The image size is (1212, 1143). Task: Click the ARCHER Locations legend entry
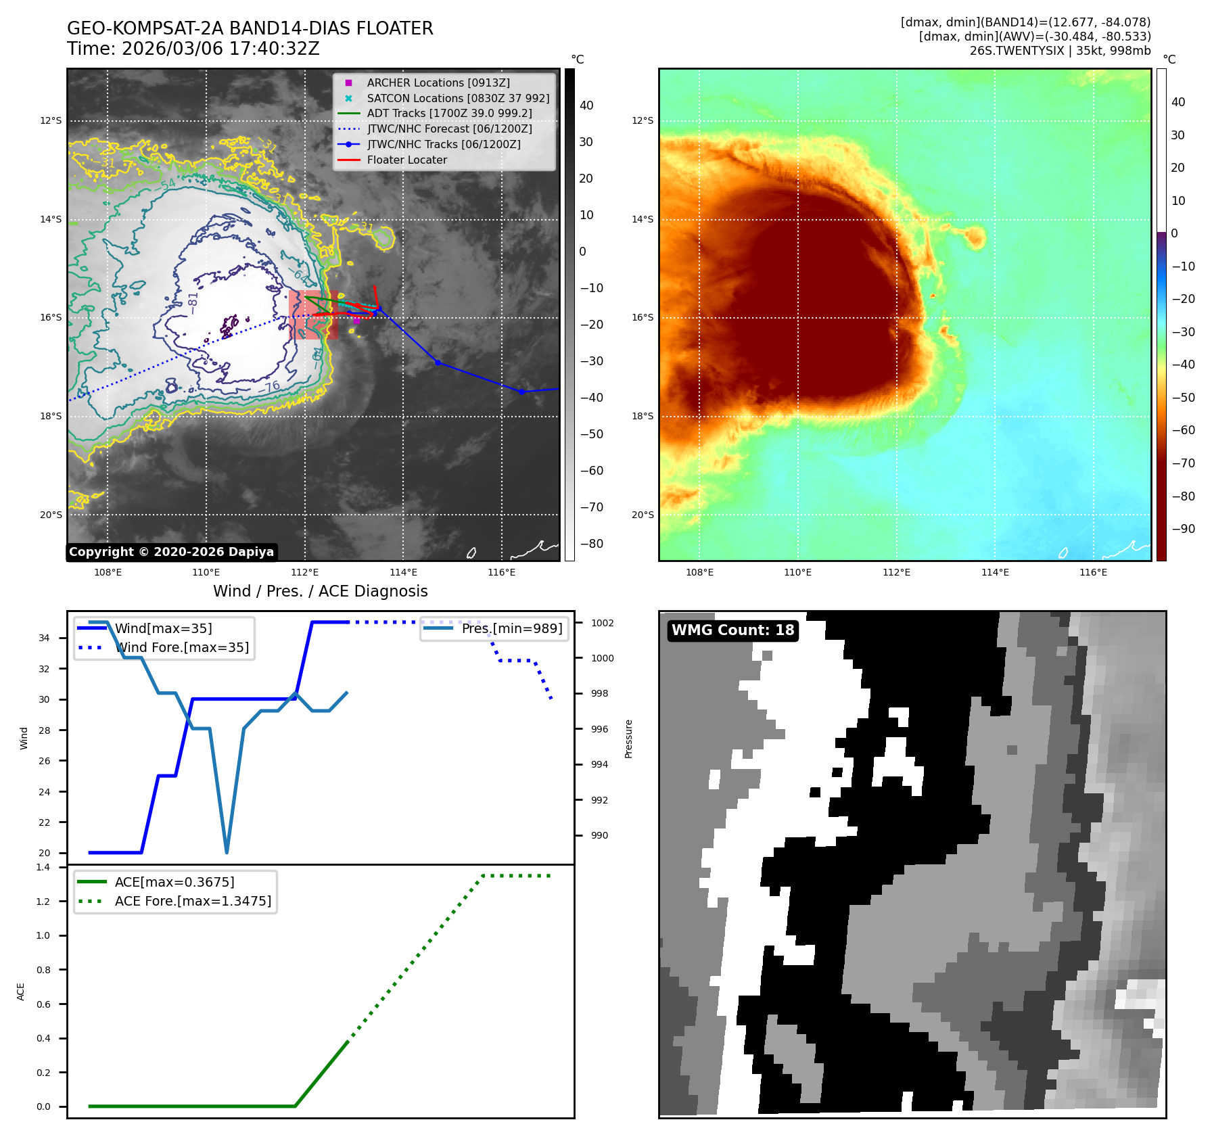click(438, 83)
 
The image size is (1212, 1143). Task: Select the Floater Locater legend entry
click(406, 160)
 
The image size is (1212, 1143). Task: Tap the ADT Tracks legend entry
click(449, 114)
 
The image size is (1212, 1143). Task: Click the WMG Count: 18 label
click(732, 630)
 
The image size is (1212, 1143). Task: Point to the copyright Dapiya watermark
click(171, 552)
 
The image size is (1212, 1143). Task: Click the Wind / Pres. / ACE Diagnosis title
click(320, 591)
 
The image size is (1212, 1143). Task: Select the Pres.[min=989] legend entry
click(511, 628)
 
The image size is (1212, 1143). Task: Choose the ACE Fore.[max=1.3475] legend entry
click(193, 901)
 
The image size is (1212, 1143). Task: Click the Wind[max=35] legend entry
click(163, 628)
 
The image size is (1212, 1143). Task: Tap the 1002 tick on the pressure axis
click(602, 623)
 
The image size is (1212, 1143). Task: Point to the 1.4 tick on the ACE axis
click(43, 867)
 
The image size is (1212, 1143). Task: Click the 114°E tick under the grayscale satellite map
click(403, 572)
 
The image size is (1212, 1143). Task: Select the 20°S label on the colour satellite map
click(643, 515)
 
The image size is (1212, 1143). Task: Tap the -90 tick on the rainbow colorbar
click(1183, 529)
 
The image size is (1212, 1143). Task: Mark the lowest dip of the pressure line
click(227, 852)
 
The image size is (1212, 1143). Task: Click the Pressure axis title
click(628, 739)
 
